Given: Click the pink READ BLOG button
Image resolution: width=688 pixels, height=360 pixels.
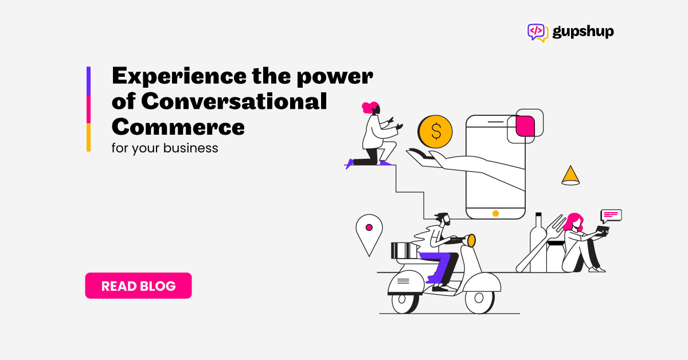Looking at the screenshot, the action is coord(138,285).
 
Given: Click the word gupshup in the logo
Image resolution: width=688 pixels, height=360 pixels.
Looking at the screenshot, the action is coord(583,32).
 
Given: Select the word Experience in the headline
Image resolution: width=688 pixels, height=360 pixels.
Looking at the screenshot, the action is coord(179,76).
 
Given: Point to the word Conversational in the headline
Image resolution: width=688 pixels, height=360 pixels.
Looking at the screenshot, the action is coord(234,101).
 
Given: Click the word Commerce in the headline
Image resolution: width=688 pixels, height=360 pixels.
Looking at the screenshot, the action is coord(178,127).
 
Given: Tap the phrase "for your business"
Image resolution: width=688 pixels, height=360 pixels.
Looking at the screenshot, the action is coord(165,148).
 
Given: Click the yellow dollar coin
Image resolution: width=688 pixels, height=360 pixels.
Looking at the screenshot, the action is coord(435,131).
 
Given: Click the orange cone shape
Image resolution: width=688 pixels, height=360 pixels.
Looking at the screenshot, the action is coord(570,175).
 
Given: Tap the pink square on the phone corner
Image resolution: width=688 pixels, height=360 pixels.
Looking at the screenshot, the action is coord(525,126).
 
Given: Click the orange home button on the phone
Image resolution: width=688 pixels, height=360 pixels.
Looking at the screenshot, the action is coord(495,213).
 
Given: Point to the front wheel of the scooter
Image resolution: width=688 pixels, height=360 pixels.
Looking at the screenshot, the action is coord(479,298).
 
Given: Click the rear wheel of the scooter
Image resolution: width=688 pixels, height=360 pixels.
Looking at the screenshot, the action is coord(404,302).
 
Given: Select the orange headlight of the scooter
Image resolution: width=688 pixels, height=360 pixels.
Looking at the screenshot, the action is coord(471,241).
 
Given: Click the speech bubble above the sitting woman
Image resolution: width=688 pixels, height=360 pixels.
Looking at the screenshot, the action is coord(611,216).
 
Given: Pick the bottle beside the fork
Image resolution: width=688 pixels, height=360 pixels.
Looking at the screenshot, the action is coord(538,242).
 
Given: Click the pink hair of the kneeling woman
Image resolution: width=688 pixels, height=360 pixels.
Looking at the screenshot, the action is coord(370,107).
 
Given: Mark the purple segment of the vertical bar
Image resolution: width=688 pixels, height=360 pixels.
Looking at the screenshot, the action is coord(88,81).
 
